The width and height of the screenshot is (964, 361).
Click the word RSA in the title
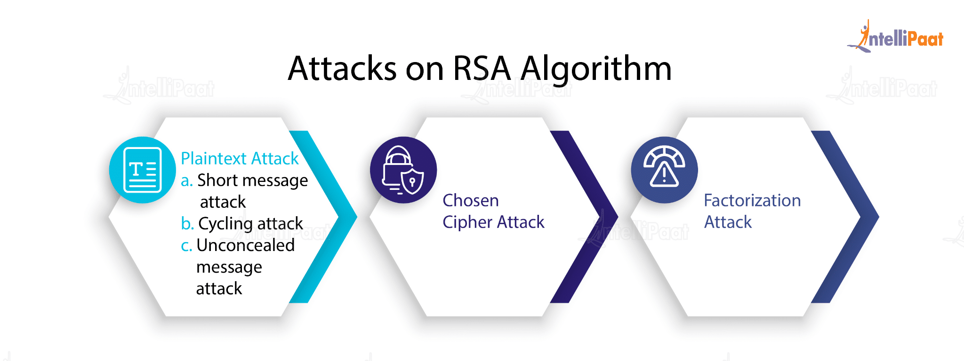[x=482, y=69]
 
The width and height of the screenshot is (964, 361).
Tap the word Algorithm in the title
[x=596, y=69]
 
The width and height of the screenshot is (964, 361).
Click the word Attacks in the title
[x=342, y=69]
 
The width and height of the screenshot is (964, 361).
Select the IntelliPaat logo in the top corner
[x=896, y=37]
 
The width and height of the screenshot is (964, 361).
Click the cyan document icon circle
[x=142, y=170]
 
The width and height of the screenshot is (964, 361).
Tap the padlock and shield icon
[x=403, y=170]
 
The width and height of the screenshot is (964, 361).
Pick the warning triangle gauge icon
[x=664, y=170]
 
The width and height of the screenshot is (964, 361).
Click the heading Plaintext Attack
[x=240, y=158]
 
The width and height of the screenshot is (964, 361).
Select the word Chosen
[x=470, y=200]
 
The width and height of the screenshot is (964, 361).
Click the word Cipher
[x=467, y=222]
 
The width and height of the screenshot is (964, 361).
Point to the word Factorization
[x=752, y=200]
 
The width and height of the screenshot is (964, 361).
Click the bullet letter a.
[x=186, y=180]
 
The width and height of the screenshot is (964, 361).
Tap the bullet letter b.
[x=187, y=223]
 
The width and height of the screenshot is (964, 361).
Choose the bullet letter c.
[x=186, y=245]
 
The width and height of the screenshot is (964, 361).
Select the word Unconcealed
[x=245, y=245]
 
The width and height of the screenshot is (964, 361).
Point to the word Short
[x=217, y=180]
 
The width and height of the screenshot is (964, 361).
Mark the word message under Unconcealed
[x=229, y=267]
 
